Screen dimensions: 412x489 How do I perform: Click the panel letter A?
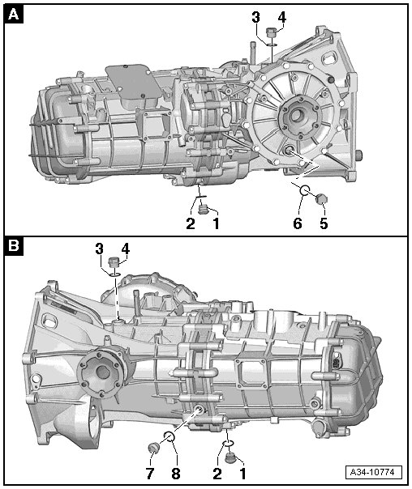(x=14, y=14)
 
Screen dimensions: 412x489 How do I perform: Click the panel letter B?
(x=14, y=246)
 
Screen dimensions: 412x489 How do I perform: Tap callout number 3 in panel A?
(x=255, y=18)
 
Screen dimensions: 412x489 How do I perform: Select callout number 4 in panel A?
(x=281, y=18)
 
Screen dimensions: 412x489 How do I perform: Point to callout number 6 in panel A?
(x=298, y=223)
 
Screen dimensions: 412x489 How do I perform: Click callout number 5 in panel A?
(x=324, y=223)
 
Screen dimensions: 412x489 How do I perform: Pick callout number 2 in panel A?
(x=191, y=223)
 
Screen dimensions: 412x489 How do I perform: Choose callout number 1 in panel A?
(x=216, y=223)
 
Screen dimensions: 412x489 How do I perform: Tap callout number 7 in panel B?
(x=150, y=474)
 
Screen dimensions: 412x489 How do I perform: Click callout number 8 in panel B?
(x=176, y=474)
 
